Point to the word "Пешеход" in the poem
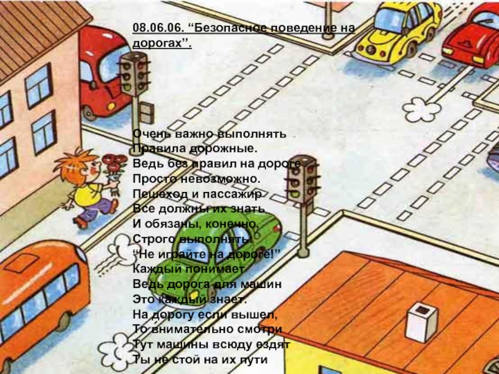157,194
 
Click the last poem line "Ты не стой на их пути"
200,360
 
